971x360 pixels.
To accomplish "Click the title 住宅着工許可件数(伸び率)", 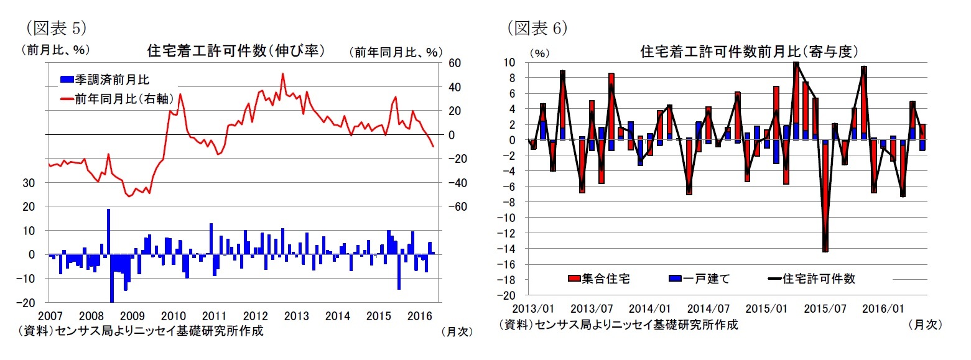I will point(236,50).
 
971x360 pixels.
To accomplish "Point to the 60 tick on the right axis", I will point(453,63).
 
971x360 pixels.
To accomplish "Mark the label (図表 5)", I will point(54,27).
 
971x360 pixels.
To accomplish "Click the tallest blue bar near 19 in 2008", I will point(108,231).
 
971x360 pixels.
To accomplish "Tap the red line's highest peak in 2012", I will point(283,74).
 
